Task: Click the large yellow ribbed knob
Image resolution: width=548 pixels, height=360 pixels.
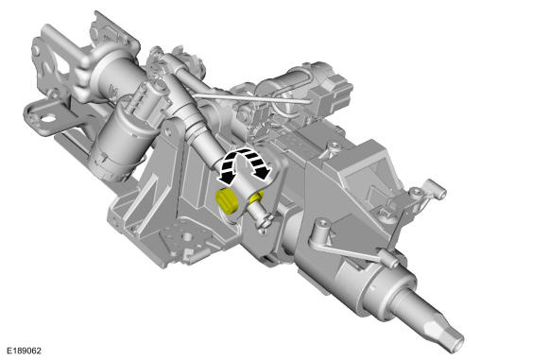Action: tap(227, 200)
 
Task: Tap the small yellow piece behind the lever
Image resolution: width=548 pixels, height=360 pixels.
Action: tap(257, 197)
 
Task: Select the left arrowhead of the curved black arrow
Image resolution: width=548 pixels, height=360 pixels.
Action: tap(227, 177)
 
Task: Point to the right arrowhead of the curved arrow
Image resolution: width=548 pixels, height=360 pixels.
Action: tap(263, 171)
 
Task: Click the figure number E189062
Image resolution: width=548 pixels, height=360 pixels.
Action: tap(25, 351)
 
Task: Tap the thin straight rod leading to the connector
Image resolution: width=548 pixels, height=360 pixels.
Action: tap(251, 98)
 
